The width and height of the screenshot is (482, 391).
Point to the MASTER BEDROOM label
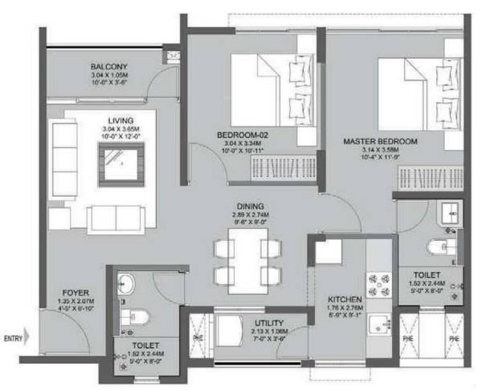tap(380, 142)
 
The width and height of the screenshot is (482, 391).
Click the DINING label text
tap(251, 206)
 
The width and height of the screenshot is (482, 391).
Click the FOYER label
tap(76, 292)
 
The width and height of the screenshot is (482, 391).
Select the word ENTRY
tap(14, 337)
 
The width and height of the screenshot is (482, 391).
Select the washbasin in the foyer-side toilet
tap(126, 283)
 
